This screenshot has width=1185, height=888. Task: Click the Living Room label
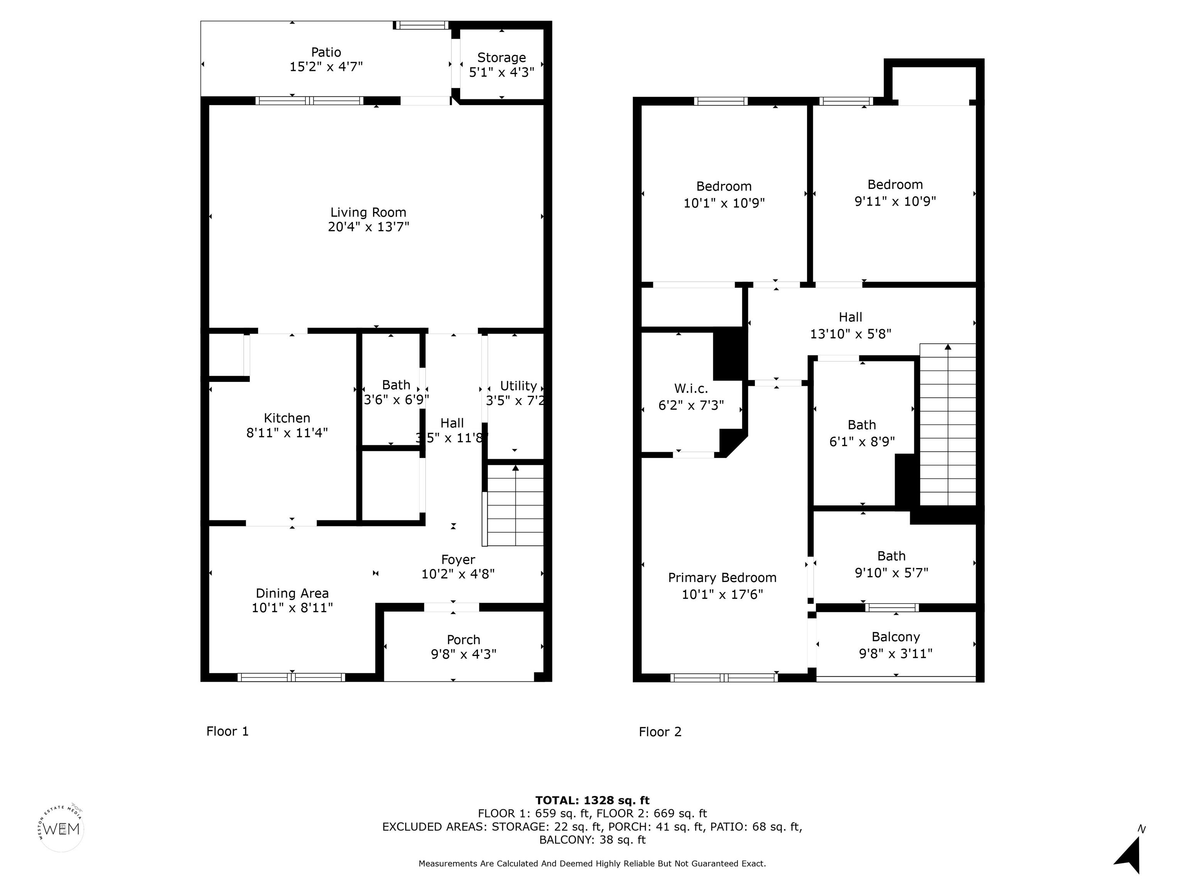coord(368,212)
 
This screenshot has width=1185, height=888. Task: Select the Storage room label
coord(501,58)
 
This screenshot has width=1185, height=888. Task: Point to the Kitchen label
coord(287,418)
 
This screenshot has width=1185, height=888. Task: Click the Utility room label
coord(518,386)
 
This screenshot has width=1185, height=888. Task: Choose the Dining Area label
coord(292,593)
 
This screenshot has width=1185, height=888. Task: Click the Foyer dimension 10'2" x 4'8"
coord(458,574)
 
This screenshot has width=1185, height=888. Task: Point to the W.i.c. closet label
coord(691,388)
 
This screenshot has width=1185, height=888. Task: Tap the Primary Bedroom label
coord(722,578)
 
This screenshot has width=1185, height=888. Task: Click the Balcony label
coord(896,637)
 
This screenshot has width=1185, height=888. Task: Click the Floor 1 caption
coord(228,731)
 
